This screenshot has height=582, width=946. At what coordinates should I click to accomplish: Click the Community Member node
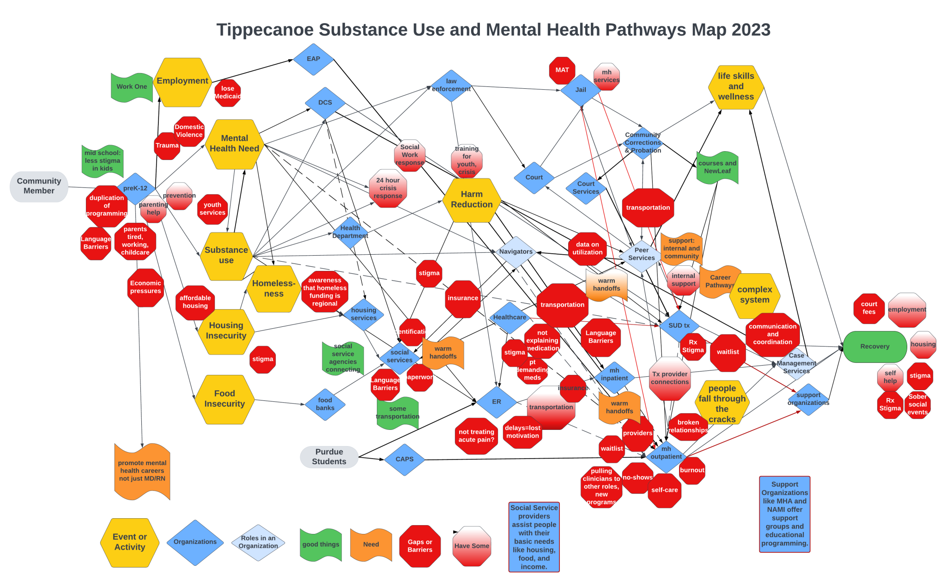(x=39, y=186)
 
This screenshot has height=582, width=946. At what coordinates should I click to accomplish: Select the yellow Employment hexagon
(x=182, y=81)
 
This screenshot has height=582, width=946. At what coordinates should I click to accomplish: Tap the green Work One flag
(x=132, y=86)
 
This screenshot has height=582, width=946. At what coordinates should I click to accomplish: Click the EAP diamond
(x=313, y=59)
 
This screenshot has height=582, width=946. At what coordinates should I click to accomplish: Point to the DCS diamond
(x=325, y=103)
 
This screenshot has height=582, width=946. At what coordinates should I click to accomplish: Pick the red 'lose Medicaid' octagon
(x=228, y=92)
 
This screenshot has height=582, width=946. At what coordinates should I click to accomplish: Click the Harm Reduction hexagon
(x=472, y=200)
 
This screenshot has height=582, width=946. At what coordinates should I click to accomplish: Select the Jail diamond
(x=581, y=90)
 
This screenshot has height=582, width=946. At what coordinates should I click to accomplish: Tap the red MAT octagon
(x=562, y=70)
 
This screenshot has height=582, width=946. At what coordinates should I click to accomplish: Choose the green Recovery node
(x=874, y=347)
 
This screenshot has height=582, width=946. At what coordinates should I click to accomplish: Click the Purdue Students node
(x=329, y=457)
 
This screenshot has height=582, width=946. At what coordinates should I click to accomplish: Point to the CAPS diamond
(x=405, y=459)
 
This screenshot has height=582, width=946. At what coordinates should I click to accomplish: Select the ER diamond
(x=497, y=402)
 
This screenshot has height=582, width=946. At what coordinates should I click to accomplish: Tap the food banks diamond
(x=325, y=404)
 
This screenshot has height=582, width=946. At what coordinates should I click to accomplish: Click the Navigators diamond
(x=516, y=252)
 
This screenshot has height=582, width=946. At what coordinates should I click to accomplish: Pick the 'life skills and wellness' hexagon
(x=736, y=87)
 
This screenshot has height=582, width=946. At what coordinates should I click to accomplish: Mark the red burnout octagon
(x=692, y=471)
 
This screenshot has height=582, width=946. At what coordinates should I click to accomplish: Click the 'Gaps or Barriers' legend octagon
(x=420, y=546)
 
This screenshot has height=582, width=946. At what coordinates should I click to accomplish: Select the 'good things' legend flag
(x=321, y=545)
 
